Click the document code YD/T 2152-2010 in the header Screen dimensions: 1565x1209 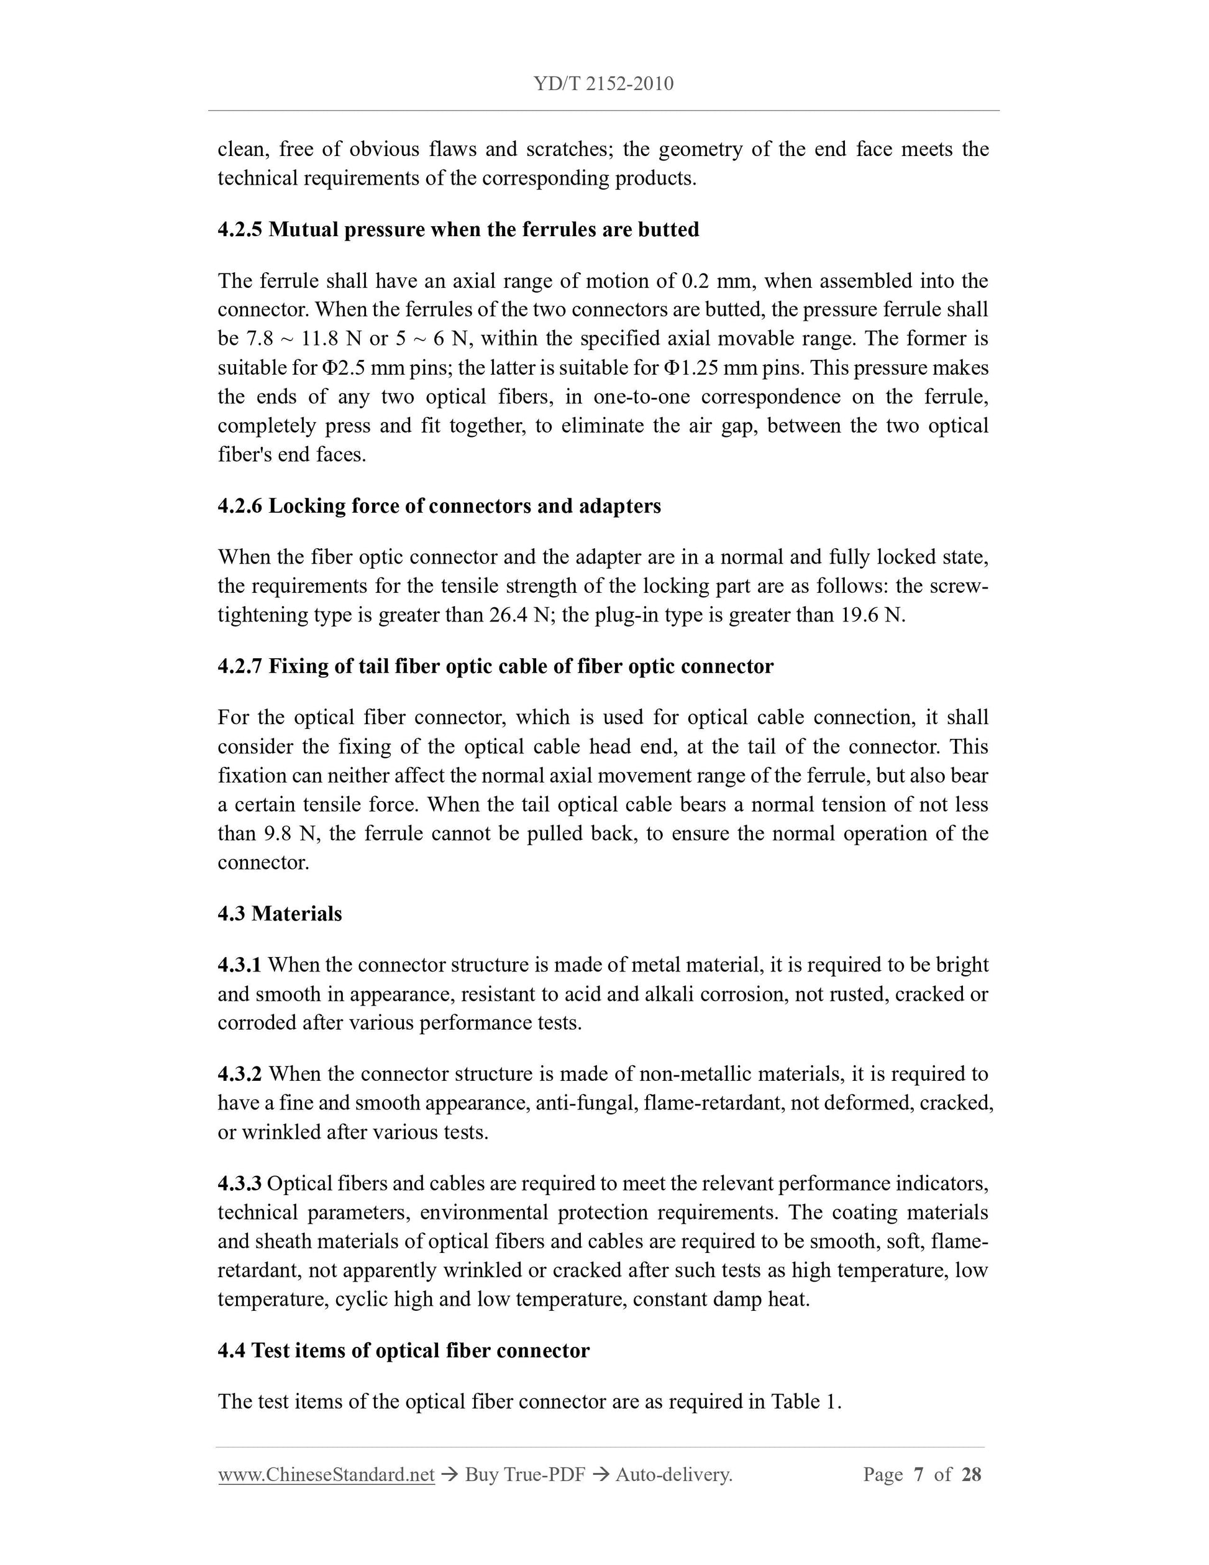click(603, 84)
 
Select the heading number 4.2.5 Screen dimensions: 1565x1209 click(240, 230)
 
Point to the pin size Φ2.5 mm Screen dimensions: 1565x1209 click(345, 367)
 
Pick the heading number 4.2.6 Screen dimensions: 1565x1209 click(240, 506)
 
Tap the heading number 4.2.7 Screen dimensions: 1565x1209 click(240, 666)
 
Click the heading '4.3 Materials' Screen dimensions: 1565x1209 click(280, 914)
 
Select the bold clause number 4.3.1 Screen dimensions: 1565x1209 click(240, 965)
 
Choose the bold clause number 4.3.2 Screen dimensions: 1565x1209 click(240, 1074)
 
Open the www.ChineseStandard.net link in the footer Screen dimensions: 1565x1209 click(326, 1474)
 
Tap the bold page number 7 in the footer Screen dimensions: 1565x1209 click(918, 1474)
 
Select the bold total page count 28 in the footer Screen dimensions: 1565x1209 click(971, 1474)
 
